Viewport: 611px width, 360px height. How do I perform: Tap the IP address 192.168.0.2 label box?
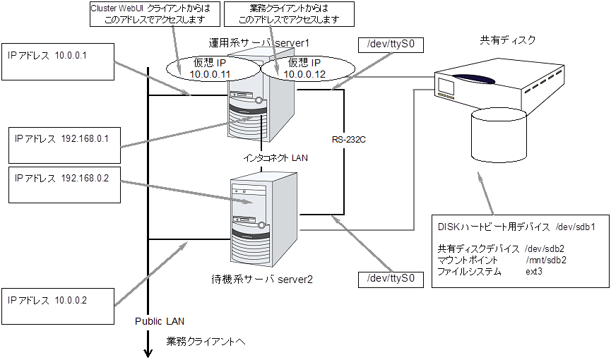(61, 186)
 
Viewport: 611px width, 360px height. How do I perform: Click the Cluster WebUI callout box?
(150, 14)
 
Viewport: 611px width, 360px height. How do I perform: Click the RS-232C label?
(347, 140)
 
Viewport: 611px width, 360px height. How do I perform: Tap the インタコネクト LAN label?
(275, 159)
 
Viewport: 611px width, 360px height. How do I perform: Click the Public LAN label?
(159, 321)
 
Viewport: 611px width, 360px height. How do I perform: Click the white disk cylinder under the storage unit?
(500, 135)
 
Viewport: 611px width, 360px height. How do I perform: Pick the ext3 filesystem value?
(534, 271)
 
